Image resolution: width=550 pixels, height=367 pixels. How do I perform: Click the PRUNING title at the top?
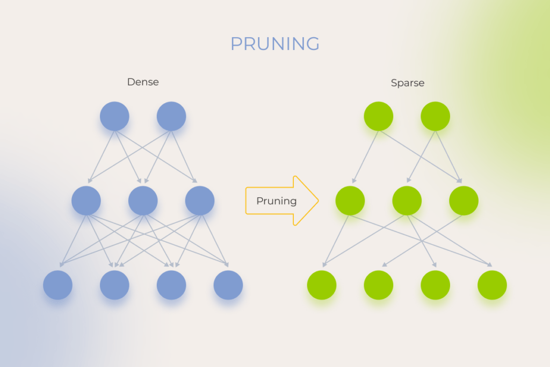[x=275, y=44]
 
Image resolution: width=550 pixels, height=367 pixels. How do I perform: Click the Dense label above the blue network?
[x=143, y=82]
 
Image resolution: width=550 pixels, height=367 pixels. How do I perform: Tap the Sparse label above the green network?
[x=408, y=83]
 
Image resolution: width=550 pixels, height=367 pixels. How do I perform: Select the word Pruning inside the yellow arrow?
[x=276, y=201]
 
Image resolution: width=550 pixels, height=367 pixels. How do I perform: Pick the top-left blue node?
[x=114, y=116]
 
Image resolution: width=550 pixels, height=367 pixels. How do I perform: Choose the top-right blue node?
[x=171, y=116]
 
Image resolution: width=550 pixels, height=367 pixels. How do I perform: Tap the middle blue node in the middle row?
[x=143, y=200]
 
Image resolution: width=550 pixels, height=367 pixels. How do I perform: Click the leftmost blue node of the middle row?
[x=86, y=200]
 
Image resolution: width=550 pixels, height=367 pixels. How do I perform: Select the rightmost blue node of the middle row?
[x=200, y=200]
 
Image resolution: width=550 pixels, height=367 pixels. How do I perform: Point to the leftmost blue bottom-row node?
[x=57, y=285]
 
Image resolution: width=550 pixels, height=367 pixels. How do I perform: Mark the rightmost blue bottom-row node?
[x=228, y=285]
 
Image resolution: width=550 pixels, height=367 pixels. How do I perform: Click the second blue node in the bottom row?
[x=114, y=285]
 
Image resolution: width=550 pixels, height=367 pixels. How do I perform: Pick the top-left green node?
[x=379, y=116]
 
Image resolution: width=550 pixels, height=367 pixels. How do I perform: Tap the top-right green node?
[x=436, y=116]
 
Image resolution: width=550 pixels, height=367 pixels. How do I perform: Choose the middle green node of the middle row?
[x=407, y=200]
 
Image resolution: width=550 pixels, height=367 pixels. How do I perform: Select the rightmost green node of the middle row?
[x=464, y=200]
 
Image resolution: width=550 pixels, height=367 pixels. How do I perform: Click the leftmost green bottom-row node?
[x=322, y=285]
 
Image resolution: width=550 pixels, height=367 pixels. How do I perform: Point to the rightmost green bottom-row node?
[x=492, y=285]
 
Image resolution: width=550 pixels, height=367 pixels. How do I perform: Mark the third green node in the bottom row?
[x=435, y=285]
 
